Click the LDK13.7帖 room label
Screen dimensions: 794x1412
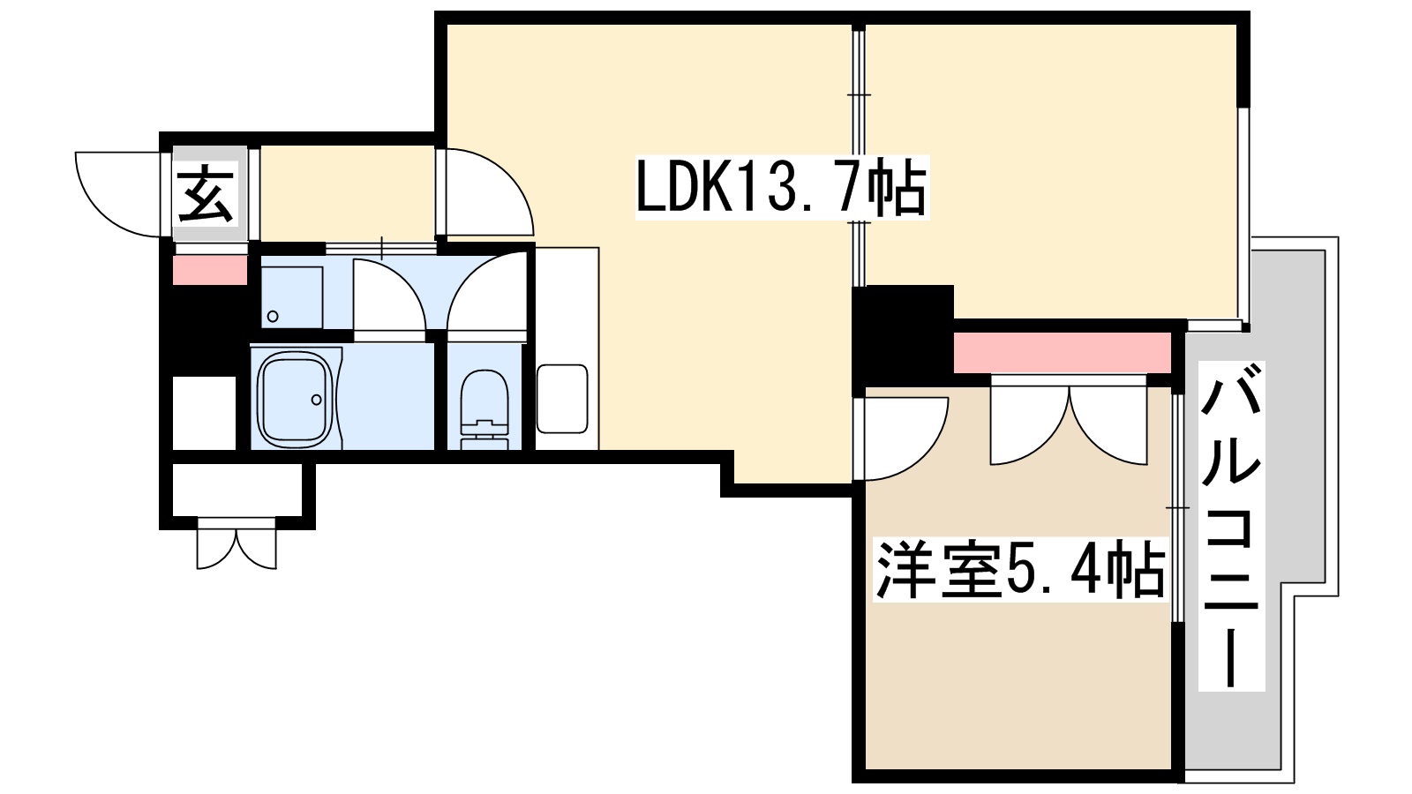(781, 187)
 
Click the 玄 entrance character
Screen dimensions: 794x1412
(207, 194)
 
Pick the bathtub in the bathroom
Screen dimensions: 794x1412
(297, 399)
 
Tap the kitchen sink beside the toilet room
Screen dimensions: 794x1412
(562, 399)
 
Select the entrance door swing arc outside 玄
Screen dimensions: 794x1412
(119, 194)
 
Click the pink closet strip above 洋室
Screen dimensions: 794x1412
(1062, 352)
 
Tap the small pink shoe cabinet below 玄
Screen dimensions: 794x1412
(209, 270)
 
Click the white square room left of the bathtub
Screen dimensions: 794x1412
(204, 412)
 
